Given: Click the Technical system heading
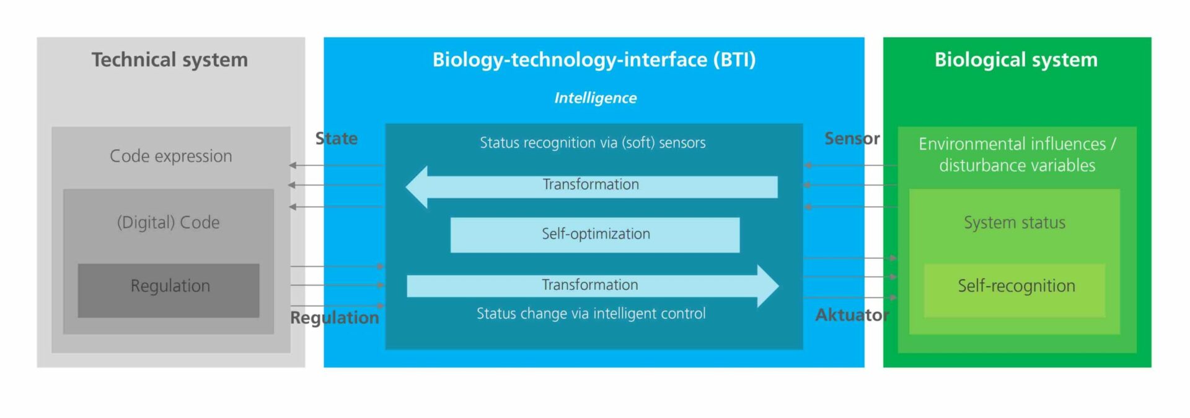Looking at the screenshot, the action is pyautogui.click(x=170, y=59).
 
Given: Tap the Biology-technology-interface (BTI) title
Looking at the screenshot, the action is pyautogui.click(x=594, y=59).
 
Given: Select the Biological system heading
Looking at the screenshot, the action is pyautogui.click(x=1016, y=59).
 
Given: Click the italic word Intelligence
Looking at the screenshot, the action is pyautogui.click(x=595, y=98).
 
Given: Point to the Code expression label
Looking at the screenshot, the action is pyautogui.click(x=171, y=156).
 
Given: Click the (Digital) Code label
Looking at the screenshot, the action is pyautogui.click(x=169, y=222).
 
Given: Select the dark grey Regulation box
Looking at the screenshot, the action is pyautogui.click(x=169, y=290).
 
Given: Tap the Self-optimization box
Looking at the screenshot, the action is pyautogui.click(x=595, y=235).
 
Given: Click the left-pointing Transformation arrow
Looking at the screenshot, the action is pyautogui.click(x=591, y=186).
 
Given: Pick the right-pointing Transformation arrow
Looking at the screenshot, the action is pyautogui.click(x=593, y=286).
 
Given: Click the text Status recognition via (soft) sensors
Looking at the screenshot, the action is pyautogui.click(x=593, y=143).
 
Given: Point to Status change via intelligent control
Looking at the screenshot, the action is pyautogui.click(x=591, y=313).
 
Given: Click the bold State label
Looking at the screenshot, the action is pyautogui.click(x=337, y=138).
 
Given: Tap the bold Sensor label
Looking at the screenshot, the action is pyautogui.click(x=852, y=138).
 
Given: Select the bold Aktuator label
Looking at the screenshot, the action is pyautogui.click(x=852, y=315).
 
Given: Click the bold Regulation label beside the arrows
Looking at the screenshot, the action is pyautogui.click(x=335, y=318).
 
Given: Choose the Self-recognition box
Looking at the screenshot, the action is pyautogui.click(x=1015, y=290).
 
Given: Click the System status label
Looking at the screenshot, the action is pyautogui.click(x=1015, y=222).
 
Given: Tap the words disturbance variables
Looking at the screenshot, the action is pyautogui.click(x=1017, y=165).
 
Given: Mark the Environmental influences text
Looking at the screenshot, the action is pyautogui.click(x=1012, y=144).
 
